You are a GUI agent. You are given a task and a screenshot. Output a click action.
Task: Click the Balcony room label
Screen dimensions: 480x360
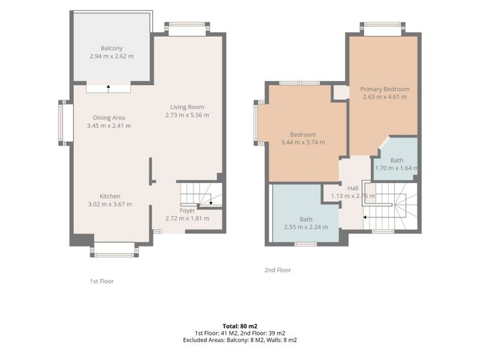[x=112, y=49]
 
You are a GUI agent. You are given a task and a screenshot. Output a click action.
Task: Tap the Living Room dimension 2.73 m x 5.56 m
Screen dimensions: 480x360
[x=187, y=115]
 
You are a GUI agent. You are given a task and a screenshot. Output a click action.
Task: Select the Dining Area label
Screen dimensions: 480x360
[x=109, y=117]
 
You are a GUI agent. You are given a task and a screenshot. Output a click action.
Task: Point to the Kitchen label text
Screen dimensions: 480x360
[x=110, y=196]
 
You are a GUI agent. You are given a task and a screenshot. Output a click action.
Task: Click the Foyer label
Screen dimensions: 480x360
[x=187, y=211]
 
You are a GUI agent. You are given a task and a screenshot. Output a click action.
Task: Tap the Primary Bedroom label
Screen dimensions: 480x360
[x=385, y=89]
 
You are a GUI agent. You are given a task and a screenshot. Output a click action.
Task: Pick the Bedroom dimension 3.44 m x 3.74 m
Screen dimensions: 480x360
[x=303, y=142]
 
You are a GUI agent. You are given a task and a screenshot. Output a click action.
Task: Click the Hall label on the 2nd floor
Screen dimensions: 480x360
[x=353, y=189]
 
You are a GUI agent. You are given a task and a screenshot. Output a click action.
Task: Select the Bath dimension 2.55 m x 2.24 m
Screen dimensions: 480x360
[x=306, y=227]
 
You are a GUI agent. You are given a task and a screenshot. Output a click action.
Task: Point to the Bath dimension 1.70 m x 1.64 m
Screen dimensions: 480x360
[x=396, y=168]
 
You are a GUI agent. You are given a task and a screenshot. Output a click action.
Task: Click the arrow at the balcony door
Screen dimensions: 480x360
[x=108, y=88]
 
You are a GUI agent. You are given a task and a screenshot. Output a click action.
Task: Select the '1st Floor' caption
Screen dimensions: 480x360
[x=101, y=281]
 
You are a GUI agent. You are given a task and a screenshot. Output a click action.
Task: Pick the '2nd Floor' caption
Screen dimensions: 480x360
[x=278, y=270]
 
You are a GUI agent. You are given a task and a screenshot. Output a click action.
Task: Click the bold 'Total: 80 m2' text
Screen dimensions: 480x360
[x=240, y=326]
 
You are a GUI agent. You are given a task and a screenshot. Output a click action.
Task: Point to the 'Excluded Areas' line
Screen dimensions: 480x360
[x=240, y=340]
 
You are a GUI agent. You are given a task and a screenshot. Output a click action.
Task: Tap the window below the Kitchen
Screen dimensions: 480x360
[x=115, y=250]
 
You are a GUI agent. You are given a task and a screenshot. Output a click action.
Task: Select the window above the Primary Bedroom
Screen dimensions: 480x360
[x=383, y=29]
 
